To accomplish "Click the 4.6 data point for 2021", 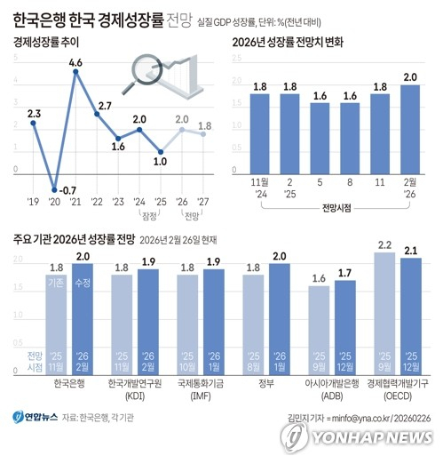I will (76, 72).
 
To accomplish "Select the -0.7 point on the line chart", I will (55, 189).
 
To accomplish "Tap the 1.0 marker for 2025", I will (160, 151).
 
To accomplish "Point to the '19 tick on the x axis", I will (34, 201).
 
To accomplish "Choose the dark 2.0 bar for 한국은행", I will (82, 316).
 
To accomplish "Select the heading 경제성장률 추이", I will (44, 42).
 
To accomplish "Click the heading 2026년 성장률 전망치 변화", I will (294, 42).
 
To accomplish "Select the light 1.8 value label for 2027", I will (204, 125).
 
